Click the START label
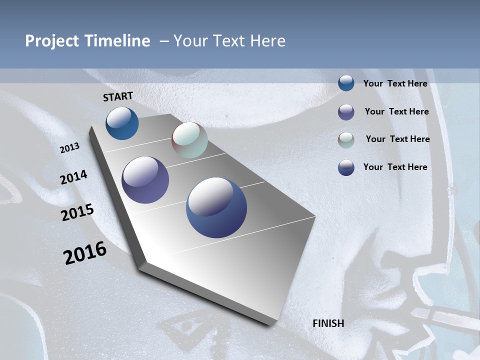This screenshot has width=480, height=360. click(x=118, y=96)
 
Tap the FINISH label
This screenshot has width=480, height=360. click(x=328, y=323)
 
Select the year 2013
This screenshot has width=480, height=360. click(x=69, y=148)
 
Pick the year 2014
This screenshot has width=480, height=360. click(x=73, y=177)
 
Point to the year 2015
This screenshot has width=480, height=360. click(x=77, y=212)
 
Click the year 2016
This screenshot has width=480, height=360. click(x=85, y=253)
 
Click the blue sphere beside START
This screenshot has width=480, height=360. click(x=122, y=123)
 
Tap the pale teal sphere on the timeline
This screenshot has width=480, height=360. click(x=189, y=140)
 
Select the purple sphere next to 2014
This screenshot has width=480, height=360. click(x=145, y=180)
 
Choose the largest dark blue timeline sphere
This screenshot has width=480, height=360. click(x=216, y=207)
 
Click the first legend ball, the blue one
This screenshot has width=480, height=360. click(x=346, y=83)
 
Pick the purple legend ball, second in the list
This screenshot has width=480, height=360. click(x=346, y=112)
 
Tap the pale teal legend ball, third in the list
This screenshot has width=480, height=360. click(x=346, y=140)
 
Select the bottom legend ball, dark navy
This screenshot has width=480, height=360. click(x=346, y=167)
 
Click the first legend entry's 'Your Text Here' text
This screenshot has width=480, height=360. click(x=395, y=83)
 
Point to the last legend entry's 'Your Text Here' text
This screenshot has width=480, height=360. click(x=395, y=167)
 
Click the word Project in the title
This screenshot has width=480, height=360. click(x=52, y=41)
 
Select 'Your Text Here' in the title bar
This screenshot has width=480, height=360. click(x=229, y=41)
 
